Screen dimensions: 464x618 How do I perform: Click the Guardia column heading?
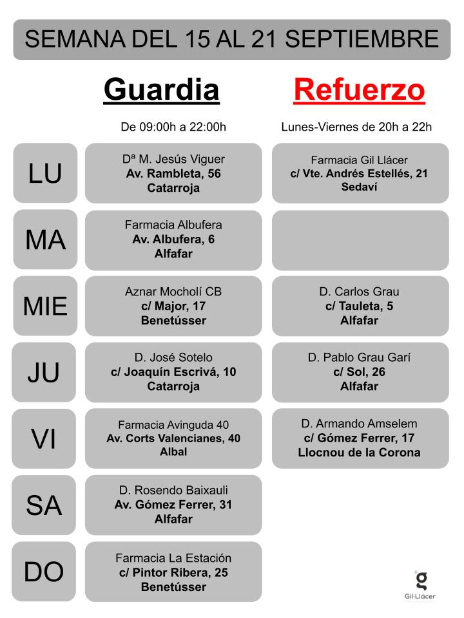tap(161, 90)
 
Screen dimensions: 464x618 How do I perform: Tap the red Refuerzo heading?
tap(359, 90)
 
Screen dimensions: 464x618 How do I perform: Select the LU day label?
tap(45, 173)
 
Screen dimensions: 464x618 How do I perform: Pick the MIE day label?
tap(45, 306)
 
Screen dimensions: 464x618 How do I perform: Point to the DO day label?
tap(44, 572)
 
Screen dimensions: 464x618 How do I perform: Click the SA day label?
tap(44, 506)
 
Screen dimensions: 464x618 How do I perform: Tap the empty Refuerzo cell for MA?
tap(360, 240)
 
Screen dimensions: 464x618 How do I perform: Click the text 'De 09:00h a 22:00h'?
tap(173, 127)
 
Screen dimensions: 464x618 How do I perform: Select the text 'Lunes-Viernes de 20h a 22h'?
tap(356, 127)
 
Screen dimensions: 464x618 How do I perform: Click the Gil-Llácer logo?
tap(420, 585)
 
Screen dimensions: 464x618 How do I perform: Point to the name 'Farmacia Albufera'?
tap(173, 225)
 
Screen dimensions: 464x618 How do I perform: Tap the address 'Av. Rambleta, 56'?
tap(173, 173)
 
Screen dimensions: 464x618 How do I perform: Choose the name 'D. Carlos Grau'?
tap(359, 292)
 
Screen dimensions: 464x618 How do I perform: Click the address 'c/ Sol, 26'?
tap(359, 371)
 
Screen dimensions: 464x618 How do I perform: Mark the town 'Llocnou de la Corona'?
tap(359, 453)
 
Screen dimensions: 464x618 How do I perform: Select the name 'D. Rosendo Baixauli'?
tap(173, 491)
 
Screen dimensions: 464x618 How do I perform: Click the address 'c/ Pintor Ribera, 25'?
tap(173, 572)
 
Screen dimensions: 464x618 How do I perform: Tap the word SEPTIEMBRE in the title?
tap(362, 39)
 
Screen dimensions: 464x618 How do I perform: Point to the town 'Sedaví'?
tap(359, 187)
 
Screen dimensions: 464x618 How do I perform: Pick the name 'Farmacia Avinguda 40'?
tap(173, 425)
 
